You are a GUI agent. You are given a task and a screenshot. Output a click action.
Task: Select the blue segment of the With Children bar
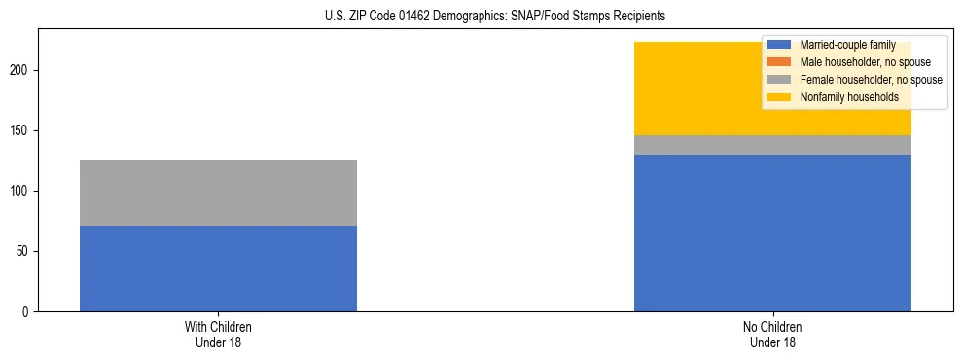(218, 269)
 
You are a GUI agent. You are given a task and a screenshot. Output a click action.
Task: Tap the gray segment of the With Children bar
(218, 193)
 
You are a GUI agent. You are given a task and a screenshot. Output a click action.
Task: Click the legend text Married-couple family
(847, 45)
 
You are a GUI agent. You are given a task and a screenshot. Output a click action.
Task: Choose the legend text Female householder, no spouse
(871, 80)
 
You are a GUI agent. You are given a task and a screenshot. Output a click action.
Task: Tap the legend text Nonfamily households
(849, 97)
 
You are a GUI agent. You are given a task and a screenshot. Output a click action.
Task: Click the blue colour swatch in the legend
(779, 45)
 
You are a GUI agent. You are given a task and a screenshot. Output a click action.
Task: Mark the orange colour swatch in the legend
(779, 62)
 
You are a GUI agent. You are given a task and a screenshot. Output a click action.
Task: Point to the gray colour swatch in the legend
(779, 80)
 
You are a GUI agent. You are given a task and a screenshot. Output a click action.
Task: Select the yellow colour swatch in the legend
(779, 97)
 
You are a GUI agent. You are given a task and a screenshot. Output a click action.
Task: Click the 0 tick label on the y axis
(27, 312)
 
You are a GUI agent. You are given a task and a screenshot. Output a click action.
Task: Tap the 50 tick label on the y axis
(24, 252)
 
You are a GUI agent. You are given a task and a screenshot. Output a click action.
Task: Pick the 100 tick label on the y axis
(21, 192)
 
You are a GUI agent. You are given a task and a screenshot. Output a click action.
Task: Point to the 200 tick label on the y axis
(21, 71)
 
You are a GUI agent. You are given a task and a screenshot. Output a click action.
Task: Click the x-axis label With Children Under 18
(218, 335)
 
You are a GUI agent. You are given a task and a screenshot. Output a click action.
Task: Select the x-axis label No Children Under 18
(772, 335)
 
